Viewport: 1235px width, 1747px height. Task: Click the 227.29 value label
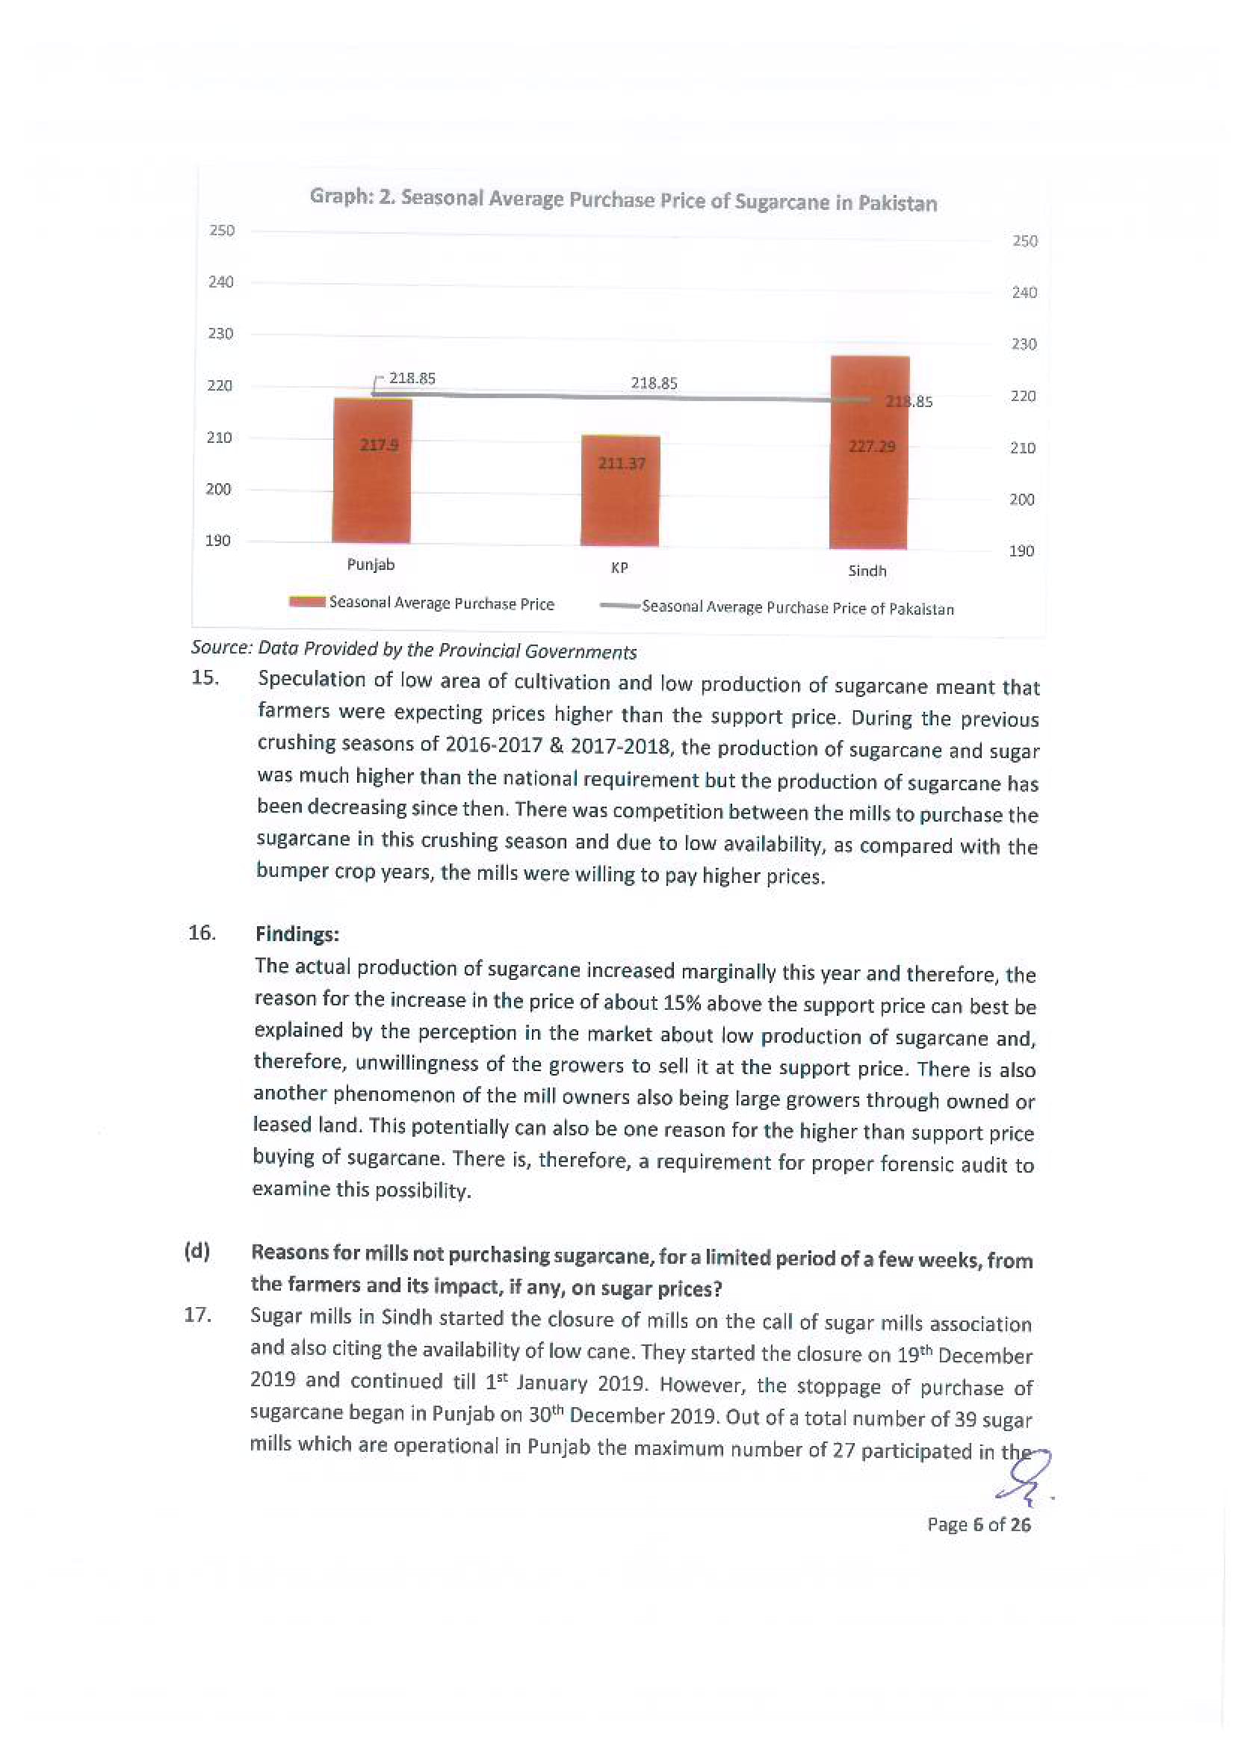click(x=872, y=447)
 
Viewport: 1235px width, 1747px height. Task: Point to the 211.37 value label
click(x=622, y=462)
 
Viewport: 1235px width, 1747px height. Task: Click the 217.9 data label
click(x=379, y=444)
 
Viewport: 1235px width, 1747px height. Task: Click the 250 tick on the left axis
click(x=222, y=230)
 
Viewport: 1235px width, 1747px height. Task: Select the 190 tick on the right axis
click(x=1021, y=551)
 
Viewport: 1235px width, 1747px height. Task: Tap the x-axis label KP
click(x=619, y=568)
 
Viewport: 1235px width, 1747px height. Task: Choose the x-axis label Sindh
click(x=867, y=571)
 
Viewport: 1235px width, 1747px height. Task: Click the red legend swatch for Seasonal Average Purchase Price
click(x=307, y=602)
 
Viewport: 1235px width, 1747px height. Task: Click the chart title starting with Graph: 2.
click(x=623, y=200)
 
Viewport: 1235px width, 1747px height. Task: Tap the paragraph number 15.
click(x=205, y=677)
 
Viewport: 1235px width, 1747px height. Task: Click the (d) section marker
click(x=197, y=1252)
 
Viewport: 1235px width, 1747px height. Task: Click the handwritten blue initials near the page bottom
click(x=1025, y=1480)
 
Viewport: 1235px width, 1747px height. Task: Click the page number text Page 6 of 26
click(x=979, y=1525)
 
